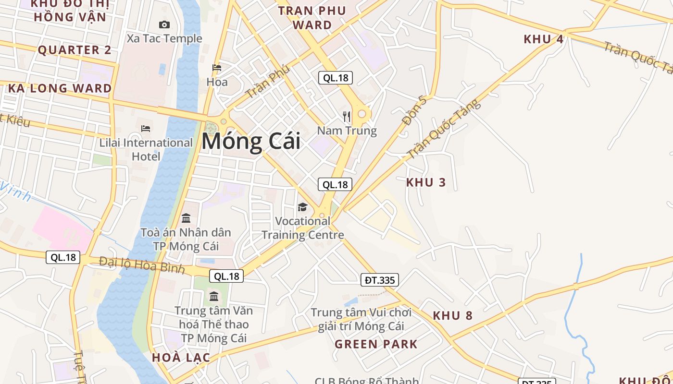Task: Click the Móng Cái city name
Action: point(251,142)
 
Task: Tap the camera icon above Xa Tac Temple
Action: point(164,24)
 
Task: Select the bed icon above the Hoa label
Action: point(217,68)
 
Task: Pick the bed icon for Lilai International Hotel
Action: point(146,128)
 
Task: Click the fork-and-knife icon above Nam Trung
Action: point(347,116)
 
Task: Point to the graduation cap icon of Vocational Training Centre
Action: point(302,207)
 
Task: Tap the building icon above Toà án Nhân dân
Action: point(186,218)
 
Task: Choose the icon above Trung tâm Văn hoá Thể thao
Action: point(214,296)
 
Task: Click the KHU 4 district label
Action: point(543,39)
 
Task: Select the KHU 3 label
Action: point(426,182)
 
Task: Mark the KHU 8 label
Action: point(452,315)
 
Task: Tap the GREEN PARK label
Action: point(376,344)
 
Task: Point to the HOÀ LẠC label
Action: point(181,358)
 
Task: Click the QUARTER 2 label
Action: point(75,50)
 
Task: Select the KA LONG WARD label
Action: point(60,88)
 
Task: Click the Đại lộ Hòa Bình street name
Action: point(142,264)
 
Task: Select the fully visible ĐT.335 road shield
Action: point(380,280)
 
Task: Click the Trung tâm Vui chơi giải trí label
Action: point(361,319)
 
